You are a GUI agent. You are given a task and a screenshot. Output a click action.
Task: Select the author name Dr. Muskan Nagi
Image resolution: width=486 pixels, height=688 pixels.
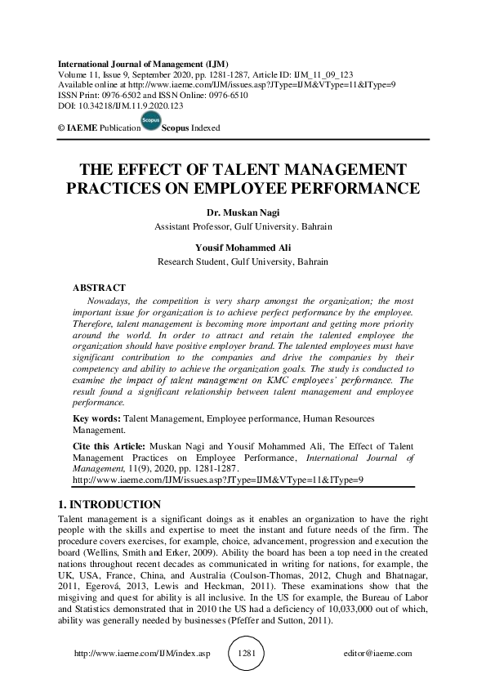pyautogui.click(x=243, y=213)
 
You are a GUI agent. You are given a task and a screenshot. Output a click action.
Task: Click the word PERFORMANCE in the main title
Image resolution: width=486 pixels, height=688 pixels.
pyautogui.click(x=350, y=189)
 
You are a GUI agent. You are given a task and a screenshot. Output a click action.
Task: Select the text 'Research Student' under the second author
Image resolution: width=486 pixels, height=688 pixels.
pyautogui.click(x=194, y=262)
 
